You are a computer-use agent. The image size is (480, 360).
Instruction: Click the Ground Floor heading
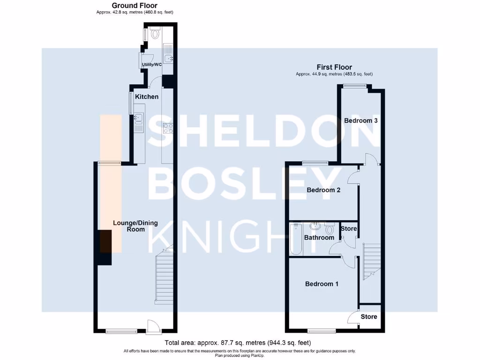click(134, 6)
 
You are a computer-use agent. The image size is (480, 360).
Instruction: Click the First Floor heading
click(334, 67)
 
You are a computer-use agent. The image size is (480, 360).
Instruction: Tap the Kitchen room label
click(147, 97)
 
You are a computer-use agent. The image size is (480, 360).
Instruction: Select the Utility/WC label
click(152, 64)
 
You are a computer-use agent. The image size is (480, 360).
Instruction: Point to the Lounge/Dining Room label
click(129, 226)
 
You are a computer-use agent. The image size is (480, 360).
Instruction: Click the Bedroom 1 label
click(322, 284)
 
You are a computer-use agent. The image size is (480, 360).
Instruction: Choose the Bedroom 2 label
click(323, 190)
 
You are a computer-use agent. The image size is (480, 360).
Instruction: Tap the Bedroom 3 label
click(361, 120)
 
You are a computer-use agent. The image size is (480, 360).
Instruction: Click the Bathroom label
click(319, 238)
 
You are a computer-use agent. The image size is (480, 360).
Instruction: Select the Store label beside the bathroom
click(348, 229)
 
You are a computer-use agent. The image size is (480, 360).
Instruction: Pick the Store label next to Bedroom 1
click(369, 316)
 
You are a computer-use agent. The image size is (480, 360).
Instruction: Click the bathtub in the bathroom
click(295, 239)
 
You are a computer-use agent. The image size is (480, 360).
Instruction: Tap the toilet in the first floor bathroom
click(330, 228)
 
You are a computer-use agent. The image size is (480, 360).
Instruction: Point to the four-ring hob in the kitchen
click(168, 128)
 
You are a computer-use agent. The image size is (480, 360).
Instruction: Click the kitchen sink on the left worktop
click(139, 121)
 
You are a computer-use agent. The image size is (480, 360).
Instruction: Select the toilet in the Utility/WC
click(155, 33)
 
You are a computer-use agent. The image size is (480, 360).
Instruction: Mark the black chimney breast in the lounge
click(105, 247)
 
